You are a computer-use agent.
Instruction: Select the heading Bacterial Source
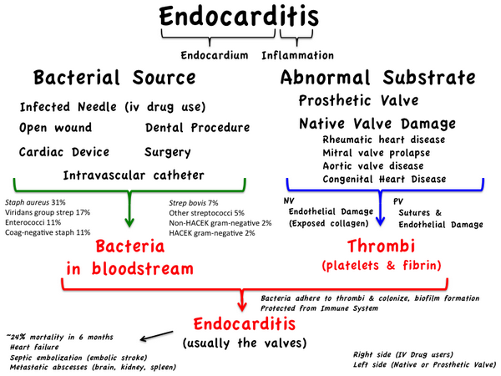[114, 78]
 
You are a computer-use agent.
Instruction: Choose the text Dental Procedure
[197, 128]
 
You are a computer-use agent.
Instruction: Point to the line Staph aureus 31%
[36, 202]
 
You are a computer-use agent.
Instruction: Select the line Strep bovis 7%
[195, 203]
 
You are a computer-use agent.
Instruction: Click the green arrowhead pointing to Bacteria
[127, 222]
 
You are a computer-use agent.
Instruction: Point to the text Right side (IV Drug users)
[402, 354]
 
